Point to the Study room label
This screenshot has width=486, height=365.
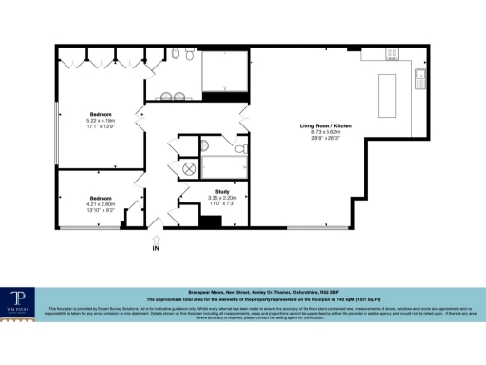[x=223, y=191]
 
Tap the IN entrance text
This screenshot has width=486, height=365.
[x=156, y=249]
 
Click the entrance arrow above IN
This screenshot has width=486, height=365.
[x=156, y=237]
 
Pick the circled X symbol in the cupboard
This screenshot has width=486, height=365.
[x=188, y=168]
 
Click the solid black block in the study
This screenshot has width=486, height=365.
[x=211, y=221]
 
